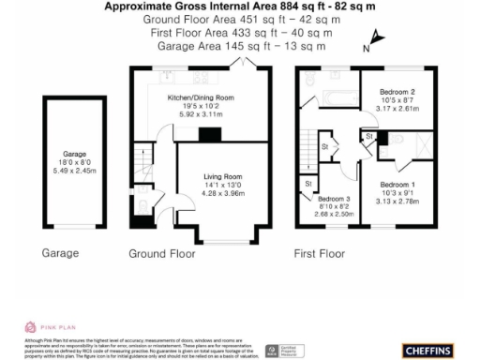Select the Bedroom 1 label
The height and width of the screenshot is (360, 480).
coord(397,185)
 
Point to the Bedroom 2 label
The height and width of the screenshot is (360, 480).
coord(397,91)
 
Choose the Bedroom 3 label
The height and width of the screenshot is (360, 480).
coord(334,200)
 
